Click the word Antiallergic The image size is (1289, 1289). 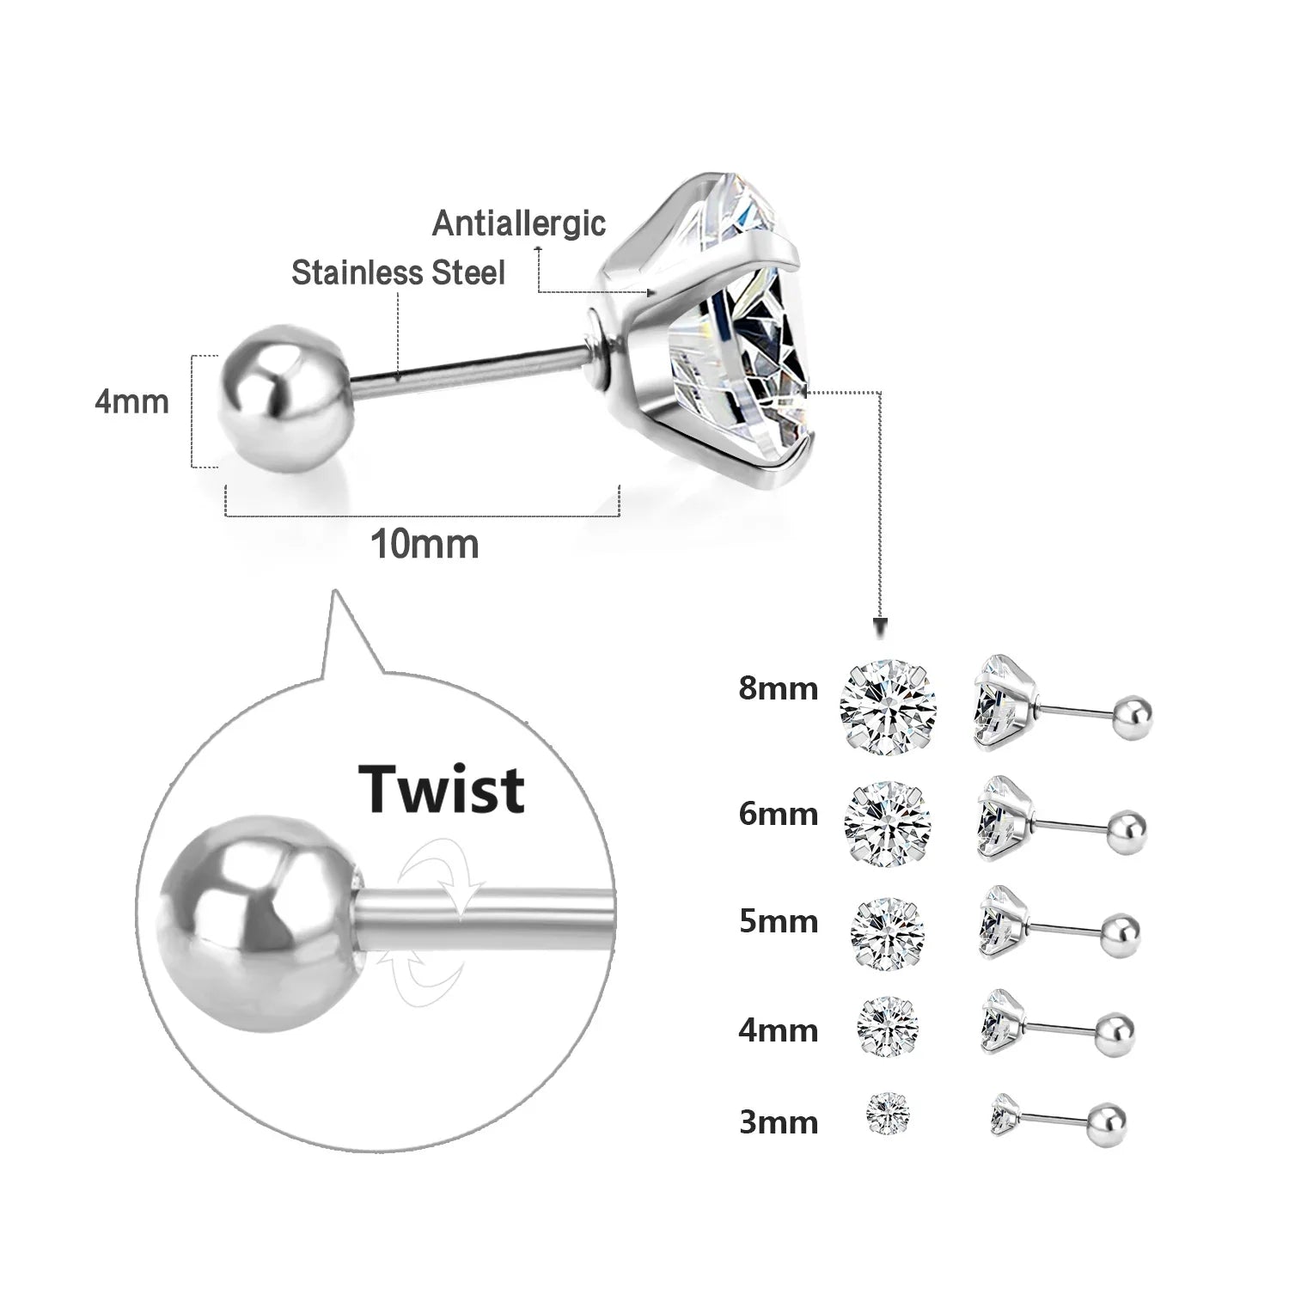click(519, 223)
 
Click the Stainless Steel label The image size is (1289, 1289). click(398, 272)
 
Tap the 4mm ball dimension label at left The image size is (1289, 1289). click(131, 401)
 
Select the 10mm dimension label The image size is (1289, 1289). click(425, 544)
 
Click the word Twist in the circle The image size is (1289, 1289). click(442, 789)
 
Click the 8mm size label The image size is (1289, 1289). click(778, 688)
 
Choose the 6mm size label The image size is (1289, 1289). click(778, 813)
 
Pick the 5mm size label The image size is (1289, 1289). click(778, 921)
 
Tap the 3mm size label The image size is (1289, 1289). click(778, 1122)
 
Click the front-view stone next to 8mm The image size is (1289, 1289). click(888, 706)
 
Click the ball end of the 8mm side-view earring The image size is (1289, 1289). click(1133, 716)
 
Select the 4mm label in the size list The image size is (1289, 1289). click(778, 1029)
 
